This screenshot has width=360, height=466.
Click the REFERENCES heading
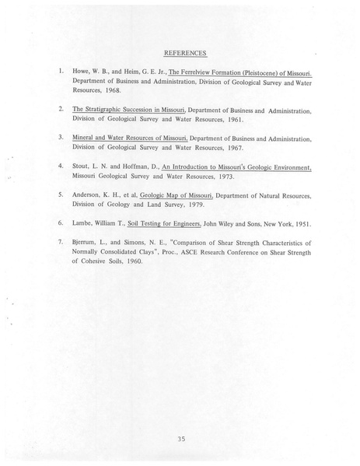point(185,53)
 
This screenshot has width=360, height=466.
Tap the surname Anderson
point(90,194)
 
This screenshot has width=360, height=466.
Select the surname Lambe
point(84,223)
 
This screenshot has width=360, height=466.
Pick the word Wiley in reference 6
point(227,223)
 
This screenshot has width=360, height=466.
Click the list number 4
point(61,166)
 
